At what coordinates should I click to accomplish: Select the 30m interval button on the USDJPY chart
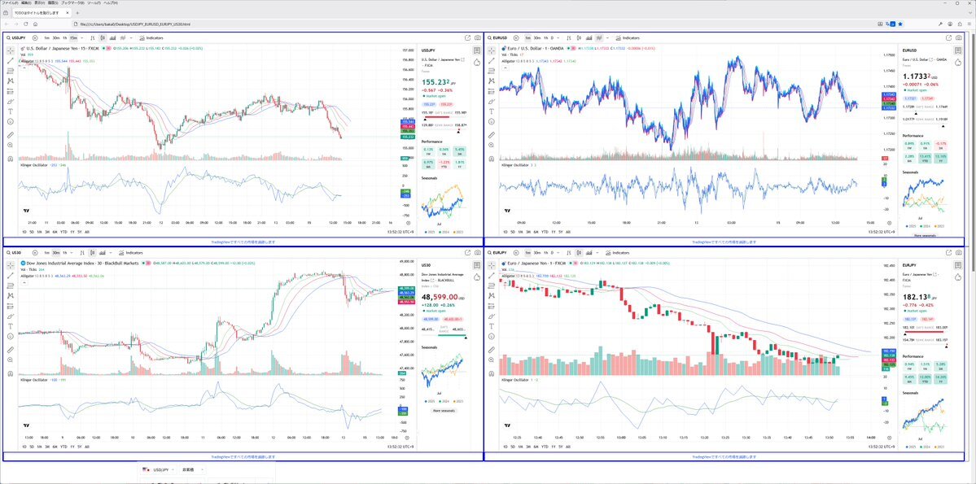tap(55, 38)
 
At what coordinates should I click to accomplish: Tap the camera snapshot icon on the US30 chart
tap(477, 253)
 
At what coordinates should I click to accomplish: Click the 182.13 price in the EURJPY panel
tap(919, 298)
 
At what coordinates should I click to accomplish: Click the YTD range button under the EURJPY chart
tap(545, 447)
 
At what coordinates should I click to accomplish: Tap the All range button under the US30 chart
tap(87, 447)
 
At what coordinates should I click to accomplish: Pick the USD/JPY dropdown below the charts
tap(157, 469)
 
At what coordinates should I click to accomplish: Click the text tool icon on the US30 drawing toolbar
tap(11, 326)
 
